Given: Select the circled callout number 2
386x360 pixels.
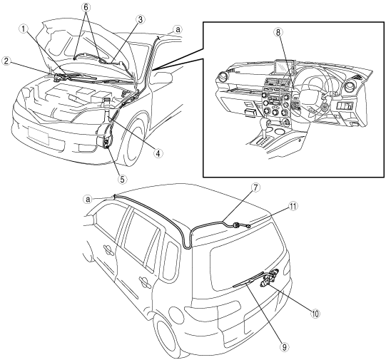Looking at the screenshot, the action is point(6,61).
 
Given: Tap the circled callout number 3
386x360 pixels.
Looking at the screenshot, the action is point(141,20).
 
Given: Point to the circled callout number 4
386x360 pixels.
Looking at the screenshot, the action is point(158,153).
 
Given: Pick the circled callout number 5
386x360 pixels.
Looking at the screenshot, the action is point(122,179).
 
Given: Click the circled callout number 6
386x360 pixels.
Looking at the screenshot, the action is point(86,7).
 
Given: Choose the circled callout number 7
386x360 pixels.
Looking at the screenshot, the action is point(255,187).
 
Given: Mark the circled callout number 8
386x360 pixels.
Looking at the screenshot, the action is point(278,32).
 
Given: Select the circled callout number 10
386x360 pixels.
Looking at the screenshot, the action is point(315,313).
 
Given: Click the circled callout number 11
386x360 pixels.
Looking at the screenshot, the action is point(293,206).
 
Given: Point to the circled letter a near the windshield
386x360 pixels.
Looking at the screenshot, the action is point(178,29).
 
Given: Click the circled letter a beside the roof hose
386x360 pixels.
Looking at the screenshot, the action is point(88,200).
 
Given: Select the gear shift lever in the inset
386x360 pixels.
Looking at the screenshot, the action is point(264,128).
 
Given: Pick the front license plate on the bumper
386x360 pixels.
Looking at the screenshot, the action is point(39,135).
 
